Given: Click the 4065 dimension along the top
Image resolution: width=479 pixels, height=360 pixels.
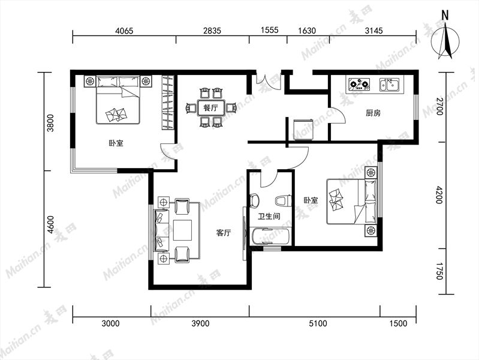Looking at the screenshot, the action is tap(124, 31).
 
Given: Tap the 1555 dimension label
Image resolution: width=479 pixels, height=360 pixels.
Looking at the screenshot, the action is tap(270, 30).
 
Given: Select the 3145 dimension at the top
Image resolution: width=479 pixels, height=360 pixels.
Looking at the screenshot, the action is tap(374, 31).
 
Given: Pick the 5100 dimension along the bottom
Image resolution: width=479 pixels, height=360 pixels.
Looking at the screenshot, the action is tap(318, 323).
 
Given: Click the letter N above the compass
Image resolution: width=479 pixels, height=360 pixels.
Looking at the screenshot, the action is tap(445, 15).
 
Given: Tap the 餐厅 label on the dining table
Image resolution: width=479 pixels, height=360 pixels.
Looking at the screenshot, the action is tap(211, 107).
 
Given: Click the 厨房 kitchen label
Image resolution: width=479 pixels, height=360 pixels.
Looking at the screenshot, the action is tap(373, 113).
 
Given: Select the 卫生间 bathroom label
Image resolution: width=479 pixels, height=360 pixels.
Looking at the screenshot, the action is tap(269, 217).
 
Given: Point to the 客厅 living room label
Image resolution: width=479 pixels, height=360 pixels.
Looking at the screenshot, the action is tap(224, 233).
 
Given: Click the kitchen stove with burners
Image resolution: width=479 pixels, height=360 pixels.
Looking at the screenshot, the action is tap(360, 85).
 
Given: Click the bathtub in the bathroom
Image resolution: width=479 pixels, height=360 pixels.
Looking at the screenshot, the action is tap(270, 236).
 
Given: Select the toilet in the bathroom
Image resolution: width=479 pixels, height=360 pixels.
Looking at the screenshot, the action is tap(283, 201).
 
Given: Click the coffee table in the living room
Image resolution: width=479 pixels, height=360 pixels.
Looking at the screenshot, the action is tap(183, 230).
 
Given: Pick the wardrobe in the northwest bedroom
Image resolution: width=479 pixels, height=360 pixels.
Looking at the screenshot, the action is tap(168, 102).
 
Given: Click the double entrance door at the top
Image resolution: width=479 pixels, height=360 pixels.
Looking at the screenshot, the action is tap(268, 81).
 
